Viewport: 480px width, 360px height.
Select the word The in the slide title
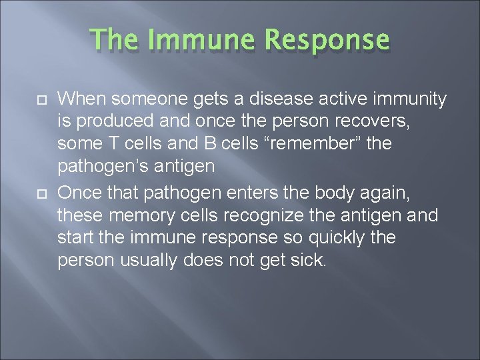[x=114, y=41]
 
